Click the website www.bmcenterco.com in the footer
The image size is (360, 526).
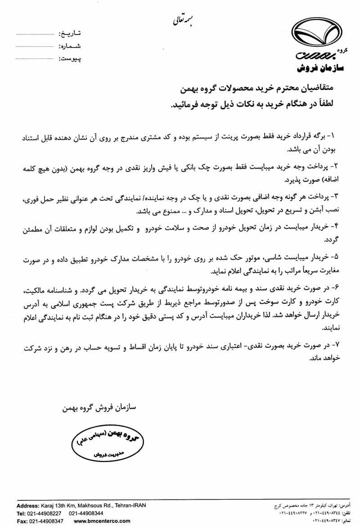pos(102,521)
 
